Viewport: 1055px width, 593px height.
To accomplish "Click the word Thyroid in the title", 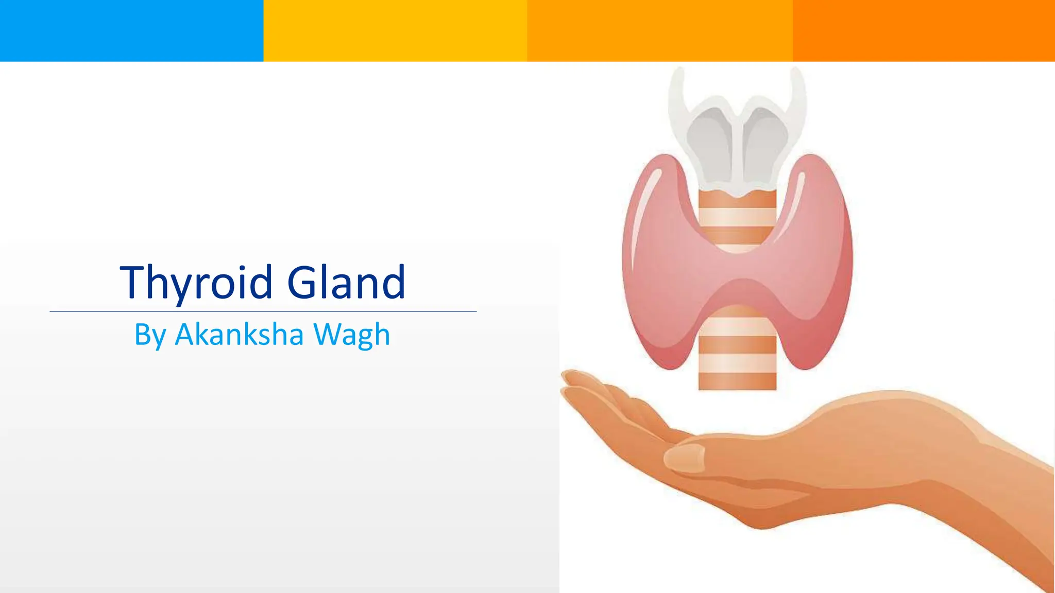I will (x=196, y=282).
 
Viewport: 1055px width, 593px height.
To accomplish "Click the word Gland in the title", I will (x=346, y=282).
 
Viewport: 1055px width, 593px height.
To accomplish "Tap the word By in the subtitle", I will (x=150, y=335).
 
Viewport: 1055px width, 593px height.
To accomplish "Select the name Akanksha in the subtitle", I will (x=239, y=335).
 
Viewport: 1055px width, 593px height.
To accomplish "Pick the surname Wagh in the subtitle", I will (x=352, y=335).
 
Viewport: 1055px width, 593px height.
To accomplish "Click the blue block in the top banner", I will (x=131, y=31).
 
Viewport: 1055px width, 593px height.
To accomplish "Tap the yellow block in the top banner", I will (x=395, y=31).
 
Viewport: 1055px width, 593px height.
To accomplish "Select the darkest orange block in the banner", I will (x=924, y=31).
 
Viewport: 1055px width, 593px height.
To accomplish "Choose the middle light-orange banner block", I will (x=659, y=31).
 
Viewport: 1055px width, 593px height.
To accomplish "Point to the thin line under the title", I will (x=263, y=311).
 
